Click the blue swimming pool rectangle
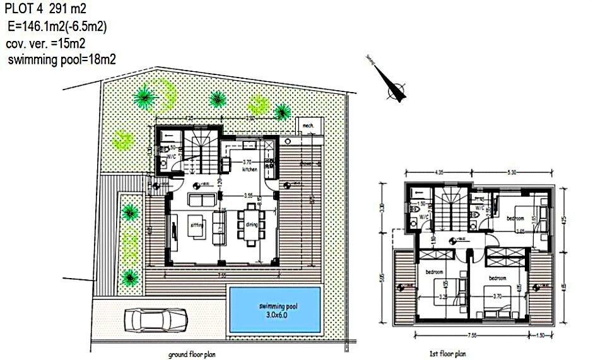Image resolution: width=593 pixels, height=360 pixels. click(276, 310)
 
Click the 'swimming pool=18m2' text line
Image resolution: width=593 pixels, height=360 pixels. click(61, 59)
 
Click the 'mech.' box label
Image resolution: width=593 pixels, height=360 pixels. click(308, 126)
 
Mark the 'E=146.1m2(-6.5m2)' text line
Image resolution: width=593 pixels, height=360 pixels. click(57, 26)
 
